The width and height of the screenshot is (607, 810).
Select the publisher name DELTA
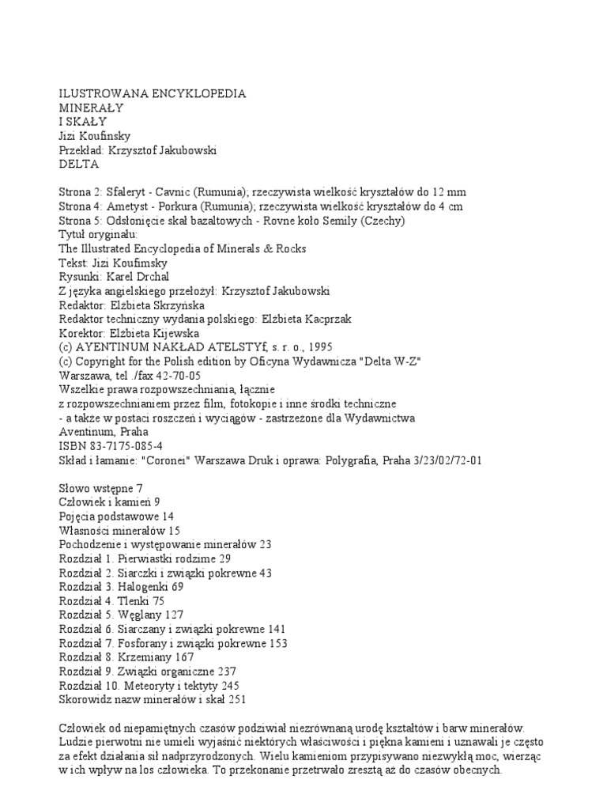[x=79, y=165]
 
